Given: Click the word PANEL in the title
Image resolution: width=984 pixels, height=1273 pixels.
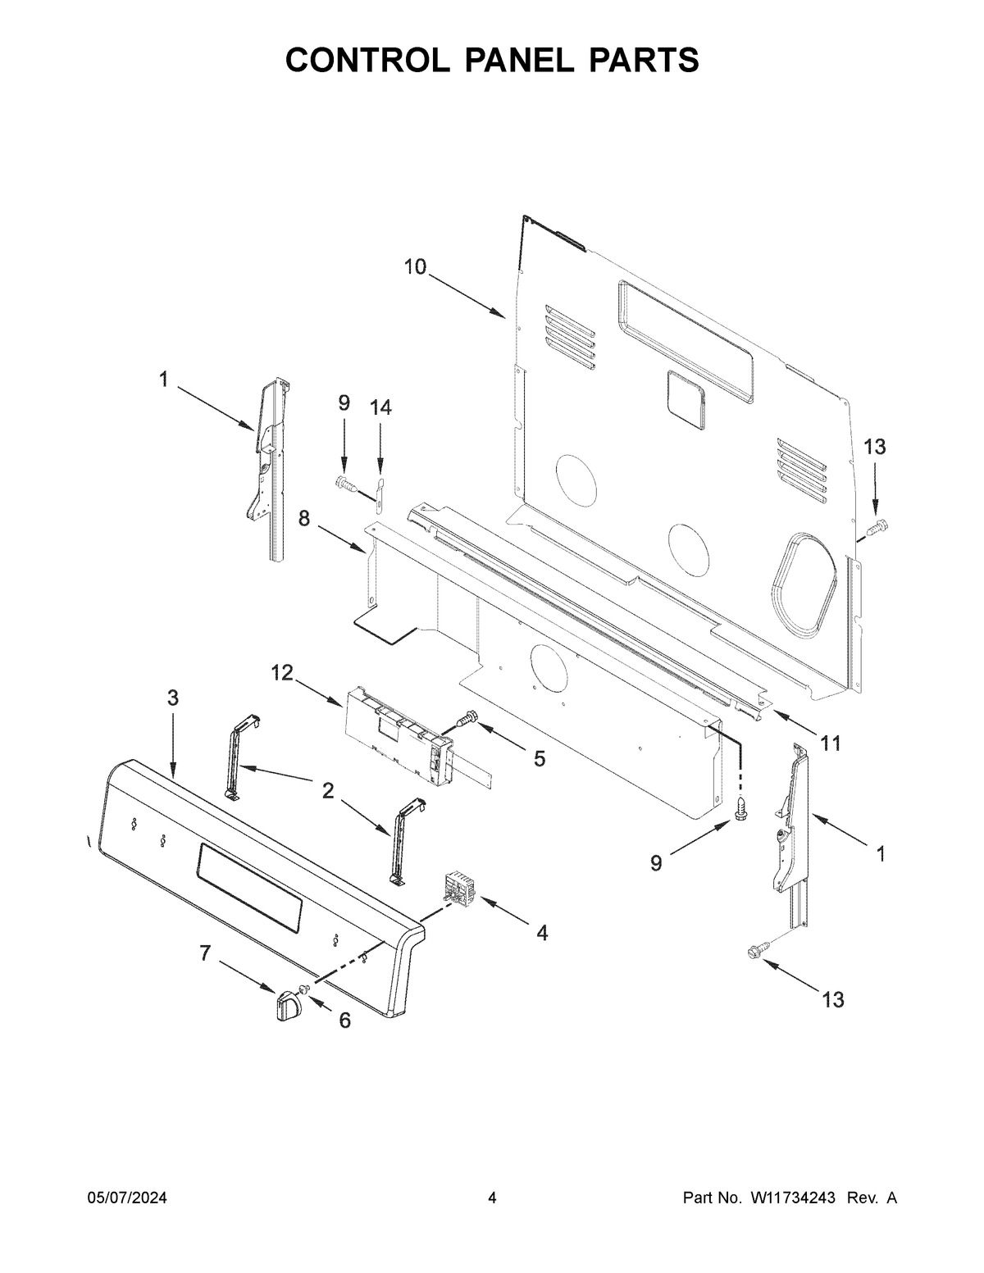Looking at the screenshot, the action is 519,60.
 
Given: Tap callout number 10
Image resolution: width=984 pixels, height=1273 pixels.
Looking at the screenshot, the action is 416,267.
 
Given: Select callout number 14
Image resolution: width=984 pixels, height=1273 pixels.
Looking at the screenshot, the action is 380,407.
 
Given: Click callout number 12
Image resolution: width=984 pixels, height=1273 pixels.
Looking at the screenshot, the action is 282,673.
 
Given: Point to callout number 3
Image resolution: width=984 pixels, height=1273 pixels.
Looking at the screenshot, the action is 173,698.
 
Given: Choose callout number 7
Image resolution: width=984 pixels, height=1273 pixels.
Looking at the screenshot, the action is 204,953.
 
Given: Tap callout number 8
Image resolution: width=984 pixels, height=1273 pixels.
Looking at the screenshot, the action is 303,518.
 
